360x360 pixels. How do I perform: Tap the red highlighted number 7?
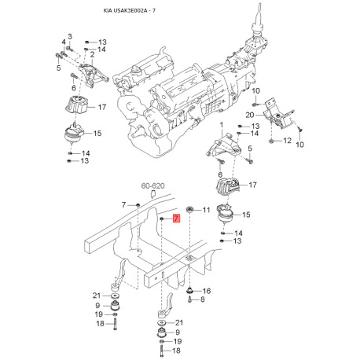(177, 219)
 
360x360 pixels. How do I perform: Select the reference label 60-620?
(152, 186)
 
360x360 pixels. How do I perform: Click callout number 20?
(250, 115)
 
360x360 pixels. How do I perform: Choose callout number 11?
(207, 210)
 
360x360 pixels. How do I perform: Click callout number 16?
(207, 291)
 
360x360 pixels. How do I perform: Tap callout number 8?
(203, 299)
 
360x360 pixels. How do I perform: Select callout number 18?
(100, 324)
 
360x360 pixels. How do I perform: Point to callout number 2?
(92, 53)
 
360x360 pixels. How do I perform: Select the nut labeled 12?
(271, 141)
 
